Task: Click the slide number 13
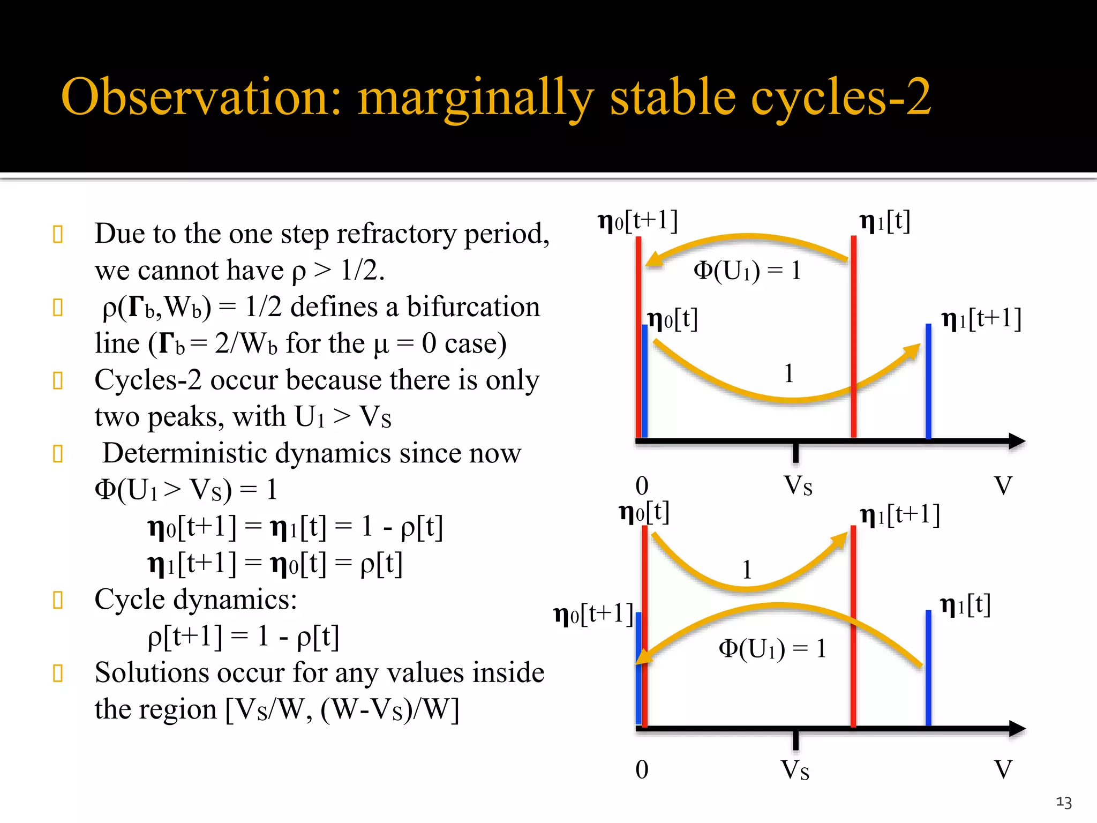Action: pyautogui.click(x=1064, y=802)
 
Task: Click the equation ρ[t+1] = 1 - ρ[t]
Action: pyautogui.click(x=244, y=637)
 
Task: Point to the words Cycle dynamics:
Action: pyautogui.click(x=196, y=599)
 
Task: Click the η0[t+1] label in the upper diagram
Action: pyautogui.click(x=637, y=221)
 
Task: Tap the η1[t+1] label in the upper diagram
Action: pyautogui.click(x=981, y=319)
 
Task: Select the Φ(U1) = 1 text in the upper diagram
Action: pyautogui.click(x=747, y=271)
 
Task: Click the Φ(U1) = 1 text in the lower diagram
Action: pyautogui.click(x=772, y=649)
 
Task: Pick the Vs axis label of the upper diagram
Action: pyautogui.click(x=798, y=486)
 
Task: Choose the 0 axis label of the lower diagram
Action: pyautogui.click(x=642, y=770)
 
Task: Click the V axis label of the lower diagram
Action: pyautogui.click(x=1003, y=770)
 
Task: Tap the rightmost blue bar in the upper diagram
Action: pyautogui.click(x=928, y=380)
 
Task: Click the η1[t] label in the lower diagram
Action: pyautogui.click(x=965, y=605)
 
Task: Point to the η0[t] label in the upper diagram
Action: pyautogui.click(x=673, y=320)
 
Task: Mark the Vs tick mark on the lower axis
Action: pyautogui.click(x=796, y=739)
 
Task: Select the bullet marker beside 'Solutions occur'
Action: pyautogui.click(x=58, y=673)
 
